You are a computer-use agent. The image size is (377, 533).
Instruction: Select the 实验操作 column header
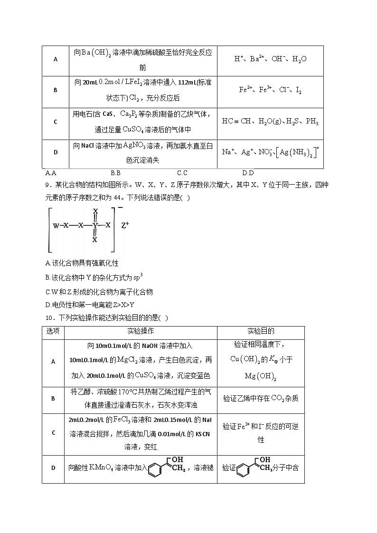pos(141,331)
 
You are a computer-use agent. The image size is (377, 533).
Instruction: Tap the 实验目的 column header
pos(261,331)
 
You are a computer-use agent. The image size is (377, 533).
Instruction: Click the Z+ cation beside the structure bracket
pos(125,225)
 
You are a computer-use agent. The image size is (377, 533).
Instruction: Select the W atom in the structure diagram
pos(56,225)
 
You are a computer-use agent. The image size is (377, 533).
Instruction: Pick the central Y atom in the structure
pos(95,225)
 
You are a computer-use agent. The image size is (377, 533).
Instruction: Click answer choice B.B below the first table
pos(115,173)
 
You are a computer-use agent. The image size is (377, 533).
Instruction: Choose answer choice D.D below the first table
pos(248,173)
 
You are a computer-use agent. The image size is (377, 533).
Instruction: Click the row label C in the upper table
pos(56,122)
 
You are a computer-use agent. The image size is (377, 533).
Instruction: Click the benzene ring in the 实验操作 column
pos(155,469)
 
